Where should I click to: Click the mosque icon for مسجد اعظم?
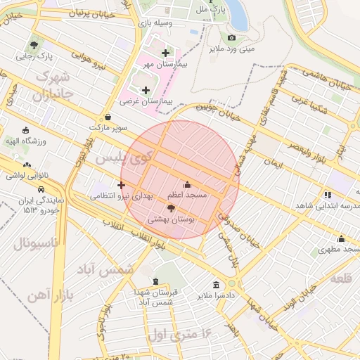coord(186,184)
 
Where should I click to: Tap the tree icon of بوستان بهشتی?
coord(172,208)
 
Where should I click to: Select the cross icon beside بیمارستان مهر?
coord(165,53)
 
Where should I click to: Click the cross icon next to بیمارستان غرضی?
coord(146,90)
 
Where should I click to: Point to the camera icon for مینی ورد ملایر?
coord(231,37)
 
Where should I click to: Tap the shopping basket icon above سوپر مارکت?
coord(108,117)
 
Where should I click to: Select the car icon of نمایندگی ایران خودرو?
coord(41,189)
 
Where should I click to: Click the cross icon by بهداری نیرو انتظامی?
coord(122,186)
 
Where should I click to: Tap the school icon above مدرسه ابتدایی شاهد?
coord(327,195)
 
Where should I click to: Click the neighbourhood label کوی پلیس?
coord(124,158)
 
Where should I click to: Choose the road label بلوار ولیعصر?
coord(310,149)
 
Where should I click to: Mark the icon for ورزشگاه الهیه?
coord(26,130)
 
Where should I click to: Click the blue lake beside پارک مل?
coord(234,13)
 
